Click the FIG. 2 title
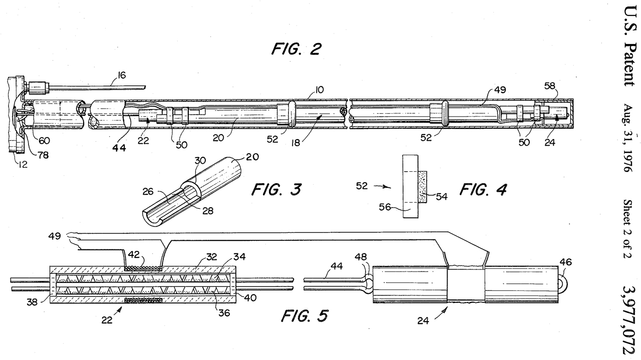pos(296,49)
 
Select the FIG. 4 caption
pos(483,189)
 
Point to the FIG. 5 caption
pos(305,316)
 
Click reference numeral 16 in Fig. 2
pos(121,75)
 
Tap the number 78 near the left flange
pos(43,155)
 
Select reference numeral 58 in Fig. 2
pos(549,86)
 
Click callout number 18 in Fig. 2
pos(295,142)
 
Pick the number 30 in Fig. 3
pos(200,161)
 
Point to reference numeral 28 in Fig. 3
pos(208,211)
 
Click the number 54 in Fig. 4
pos(442,197)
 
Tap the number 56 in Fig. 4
pos(385,207)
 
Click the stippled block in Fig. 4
pos(422,187)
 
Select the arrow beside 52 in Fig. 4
pos(383,187)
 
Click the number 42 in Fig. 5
pos(133,255)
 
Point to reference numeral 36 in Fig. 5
pos(224,313)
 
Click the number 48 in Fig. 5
pos(361,257)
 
